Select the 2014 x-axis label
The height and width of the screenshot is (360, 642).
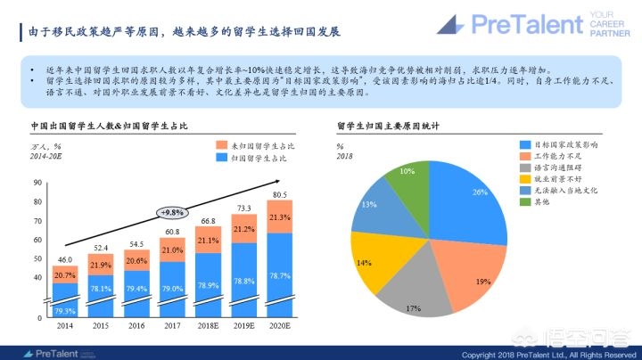pyautogui.click(x=65, y=327)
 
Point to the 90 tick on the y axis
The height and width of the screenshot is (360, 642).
pyautogui.click(x=37, y=184)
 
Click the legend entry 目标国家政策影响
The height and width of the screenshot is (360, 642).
pyautogui.click(x=560, y=143)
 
